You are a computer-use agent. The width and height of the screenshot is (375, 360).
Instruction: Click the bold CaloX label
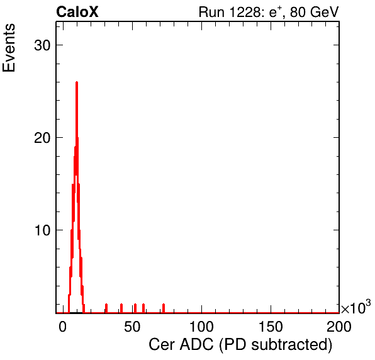click(77, 12)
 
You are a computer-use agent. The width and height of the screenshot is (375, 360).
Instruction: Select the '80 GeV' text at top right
click(315, 12)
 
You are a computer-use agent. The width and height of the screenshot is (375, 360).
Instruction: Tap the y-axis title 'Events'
click(9, 48)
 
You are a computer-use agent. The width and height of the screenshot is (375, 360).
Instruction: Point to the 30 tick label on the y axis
click(42, 45)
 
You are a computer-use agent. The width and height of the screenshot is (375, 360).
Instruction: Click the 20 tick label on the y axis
click(42, 138)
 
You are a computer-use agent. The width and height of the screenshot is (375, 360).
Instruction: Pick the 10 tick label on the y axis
click(42, 230)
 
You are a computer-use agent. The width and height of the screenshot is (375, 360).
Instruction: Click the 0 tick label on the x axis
click(63, 327)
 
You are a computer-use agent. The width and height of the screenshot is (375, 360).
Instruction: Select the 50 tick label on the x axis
click(132, 327)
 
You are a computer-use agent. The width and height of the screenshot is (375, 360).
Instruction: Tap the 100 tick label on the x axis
click(201, 327)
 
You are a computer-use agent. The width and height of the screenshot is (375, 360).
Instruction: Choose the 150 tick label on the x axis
click(271, 327)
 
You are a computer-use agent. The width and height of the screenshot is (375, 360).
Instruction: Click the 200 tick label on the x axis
click(339, 327)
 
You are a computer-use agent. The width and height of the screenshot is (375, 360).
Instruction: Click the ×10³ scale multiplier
click(356, 307)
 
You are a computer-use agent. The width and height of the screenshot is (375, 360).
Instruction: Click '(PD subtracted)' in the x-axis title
click(276, 345)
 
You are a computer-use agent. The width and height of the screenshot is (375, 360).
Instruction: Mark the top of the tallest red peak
click(77, 82)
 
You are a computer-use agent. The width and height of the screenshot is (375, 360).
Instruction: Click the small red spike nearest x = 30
click(106, 308)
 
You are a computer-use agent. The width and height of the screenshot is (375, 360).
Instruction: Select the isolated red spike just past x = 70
click(164, 308)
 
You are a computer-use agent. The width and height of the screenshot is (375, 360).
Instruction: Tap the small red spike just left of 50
click(121, 308)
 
